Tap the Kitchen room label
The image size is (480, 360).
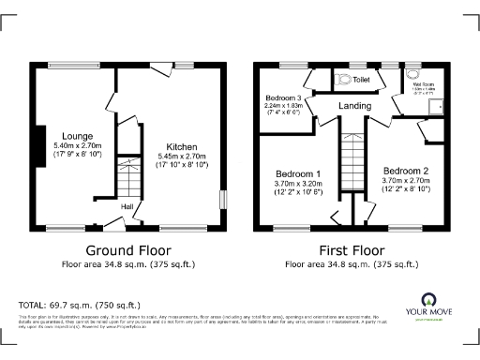coord(182,147)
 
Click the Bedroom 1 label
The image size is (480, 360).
coord(298,174)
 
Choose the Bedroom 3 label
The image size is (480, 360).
coord(282,98)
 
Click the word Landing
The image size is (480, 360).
coord(355,106)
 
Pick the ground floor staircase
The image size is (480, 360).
coord(124,177)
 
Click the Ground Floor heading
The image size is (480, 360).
coord(127,251)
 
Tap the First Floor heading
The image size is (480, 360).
coord(352,251)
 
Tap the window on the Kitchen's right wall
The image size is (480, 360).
coord(222,200)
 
